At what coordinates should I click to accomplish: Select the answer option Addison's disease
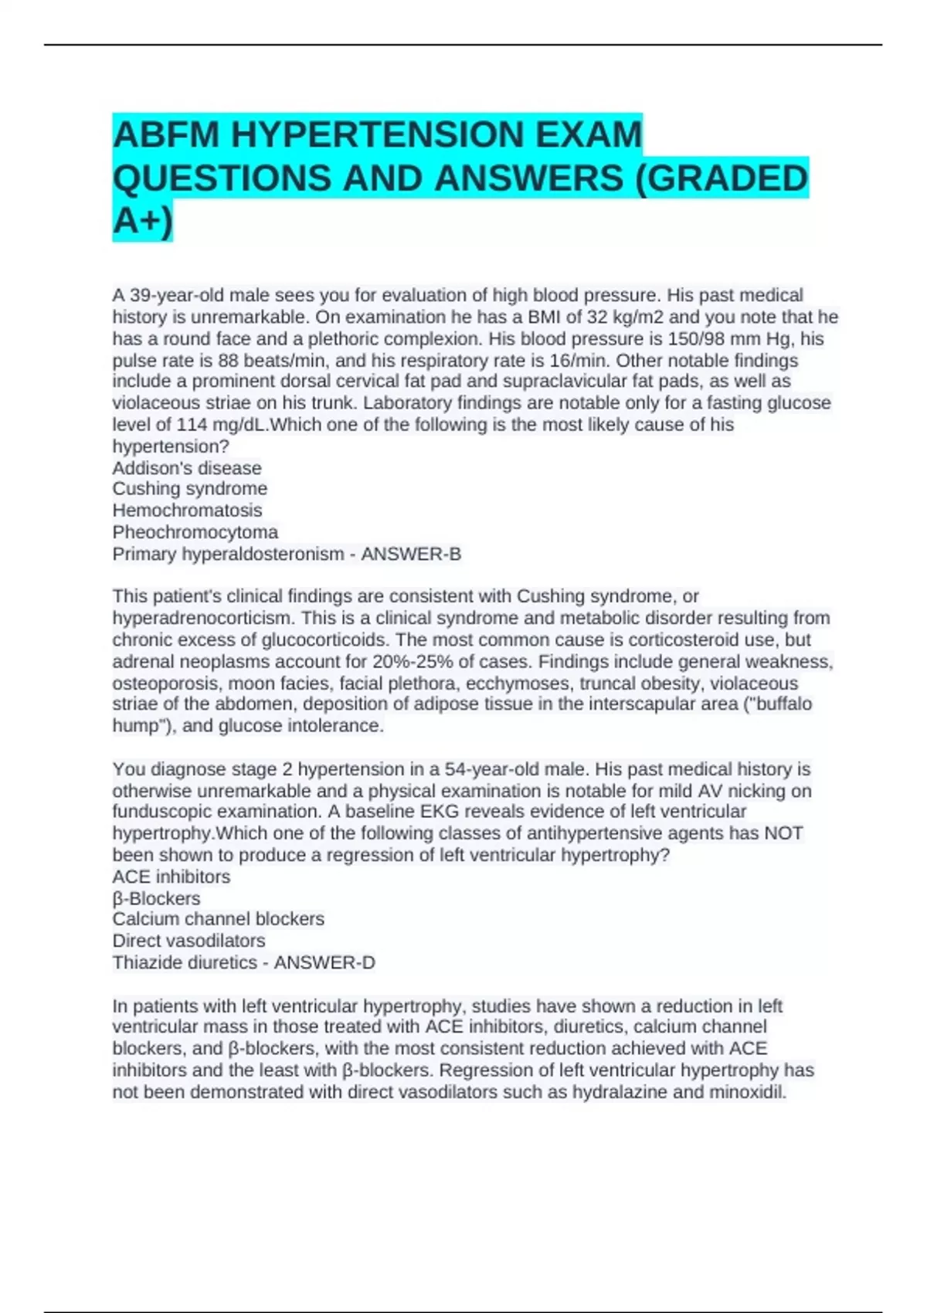(187, 468)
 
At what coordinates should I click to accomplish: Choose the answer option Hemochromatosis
(187, 511)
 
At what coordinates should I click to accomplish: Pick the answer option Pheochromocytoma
(195, 532)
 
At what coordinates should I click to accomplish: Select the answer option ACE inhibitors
(171, 877)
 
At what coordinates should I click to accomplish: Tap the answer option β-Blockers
(156, 898)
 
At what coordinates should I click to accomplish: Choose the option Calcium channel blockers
(218, 919)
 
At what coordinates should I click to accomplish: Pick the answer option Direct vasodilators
(188, 941)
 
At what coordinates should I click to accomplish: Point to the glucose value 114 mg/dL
(221, 425)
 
